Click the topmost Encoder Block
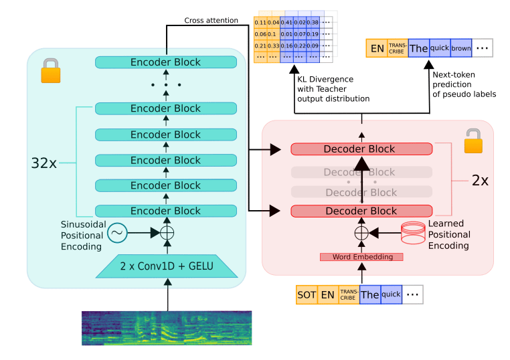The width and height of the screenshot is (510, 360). click(x=166, y=62)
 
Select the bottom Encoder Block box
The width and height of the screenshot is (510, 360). click(x=166, y=211)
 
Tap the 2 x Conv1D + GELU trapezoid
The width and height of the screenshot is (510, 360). click(x=167, y=266)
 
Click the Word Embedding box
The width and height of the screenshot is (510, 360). click(x=361, y=257)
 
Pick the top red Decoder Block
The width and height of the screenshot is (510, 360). click(x=361, y=149)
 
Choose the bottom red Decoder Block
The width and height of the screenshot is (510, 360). click(x=361, y=211)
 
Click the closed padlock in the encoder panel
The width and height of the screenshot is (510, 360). click(x=51, y=70)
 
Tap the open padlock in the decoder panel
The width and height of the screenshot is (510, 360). click(x=473, y=141)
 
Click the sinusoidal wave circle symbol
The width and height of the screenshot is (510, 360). click(x=117, y=233)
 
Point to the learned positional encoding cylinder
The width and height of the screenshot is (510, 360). click(x=413, y=233)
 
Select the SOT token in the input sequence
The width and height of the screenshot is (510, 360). click(x=307, y=294)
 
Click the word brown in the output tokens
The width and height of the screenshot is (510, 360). click(x=461, y=48)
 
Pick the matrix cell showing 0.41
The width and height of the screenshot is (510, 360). click(x=286, y=23)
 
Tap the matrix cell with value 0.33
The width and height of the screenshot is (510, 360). click(x=273, y=46)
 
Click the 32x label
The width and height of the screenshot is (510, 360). click(x=44, y=163)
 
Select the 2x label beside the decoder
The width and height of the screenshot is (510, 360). click(x=480, y=180)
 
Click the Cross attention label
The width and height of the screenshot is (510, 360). click(x=211, y=21)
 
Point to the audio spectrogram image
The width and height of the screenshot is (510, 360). click(x=167, y=328)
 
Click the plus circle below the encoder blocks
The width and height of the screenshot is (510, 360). click(x=167, y=233)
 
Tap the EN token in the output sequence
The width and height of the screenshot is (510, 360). click(x=377, y=48)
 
